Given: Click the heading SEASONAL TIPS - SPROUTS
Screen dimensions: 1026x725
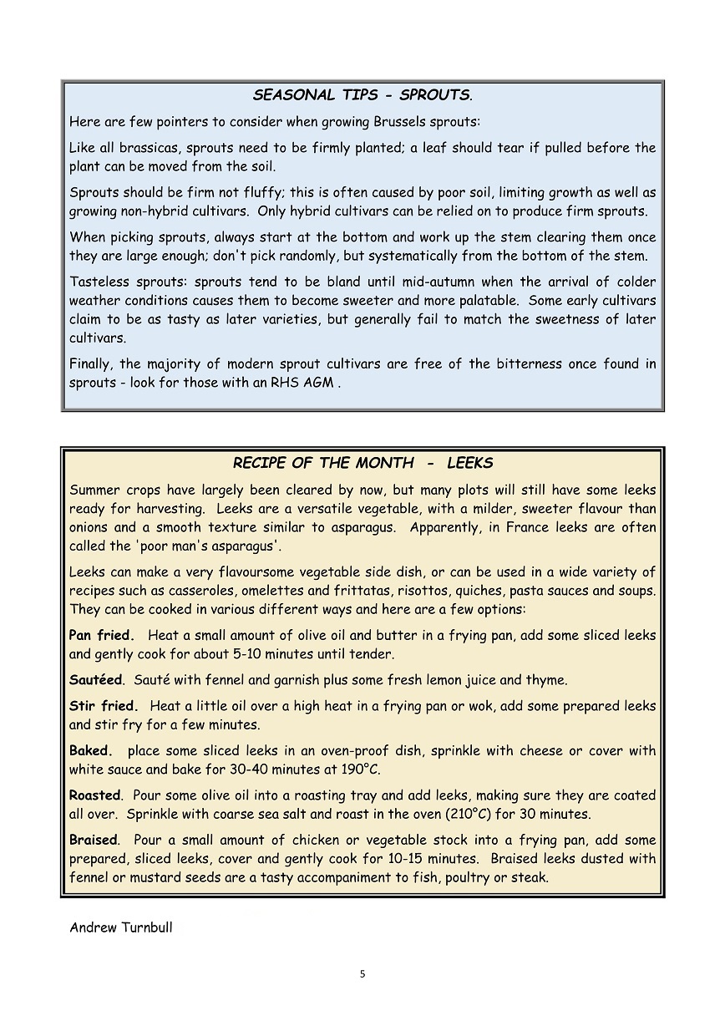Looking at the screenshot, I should click(x=362, y=95).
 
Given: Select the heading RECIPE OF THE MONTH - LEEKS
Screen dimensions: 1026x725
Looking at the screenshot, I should click(x=362, y=463).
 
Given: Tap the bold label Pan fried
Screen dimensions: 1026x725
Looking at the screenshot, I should click(x=102, y=636).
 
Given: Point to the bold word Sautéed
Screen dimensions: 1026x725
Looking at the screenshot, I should click(x=95, y=680).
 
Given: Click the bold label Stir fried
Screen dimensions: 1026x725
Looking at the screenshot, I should click(x=104, y=706).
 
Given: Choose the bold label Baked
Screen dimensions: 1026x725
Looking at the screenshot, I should click(x=90, y=751).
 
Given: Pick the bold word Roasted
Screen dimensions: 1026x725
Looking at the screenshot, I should click(x=95, y=795).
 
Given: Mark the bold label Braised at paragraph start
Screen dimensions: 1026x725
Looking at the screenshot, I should click(x=94, y=840).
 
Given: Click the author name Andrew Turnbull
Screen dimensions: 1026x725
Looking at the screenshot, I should click(x=121, y=927).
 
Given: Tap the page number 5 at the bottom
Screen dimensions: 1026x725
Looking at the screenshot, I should click(x=362, y=973).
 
